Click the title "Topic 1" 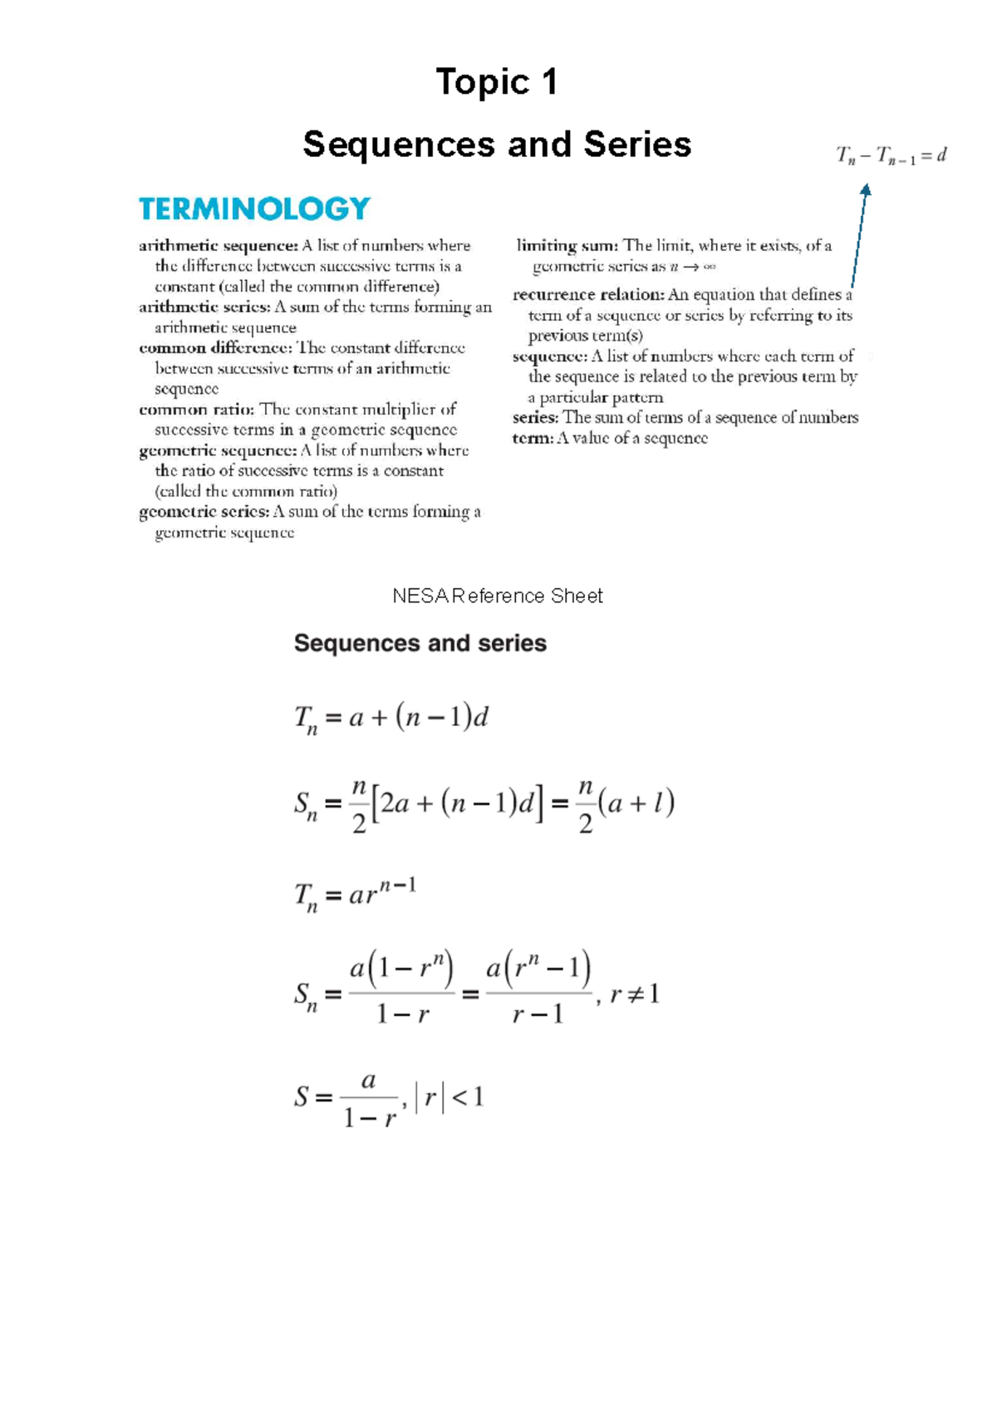point(497,82)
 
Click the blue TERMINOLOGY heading point(254,209)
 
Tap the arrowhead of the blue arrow point(866,190)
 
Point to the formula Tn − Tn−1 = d point(891,155)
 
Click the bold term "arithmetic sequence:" point(219,246)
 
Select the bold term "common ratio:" point(197,410)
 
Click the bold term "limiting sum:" point(567,246)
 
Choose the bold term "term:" point(533,439)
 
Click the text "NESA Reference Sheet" point(497,596)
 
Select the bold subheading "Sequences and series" point(420,643)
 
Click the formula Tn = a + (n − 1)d point(391,718)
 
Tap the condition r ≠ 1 point(635,994)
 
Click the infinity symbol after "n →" point(710,268)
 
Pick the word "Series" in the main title point(637,145)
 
